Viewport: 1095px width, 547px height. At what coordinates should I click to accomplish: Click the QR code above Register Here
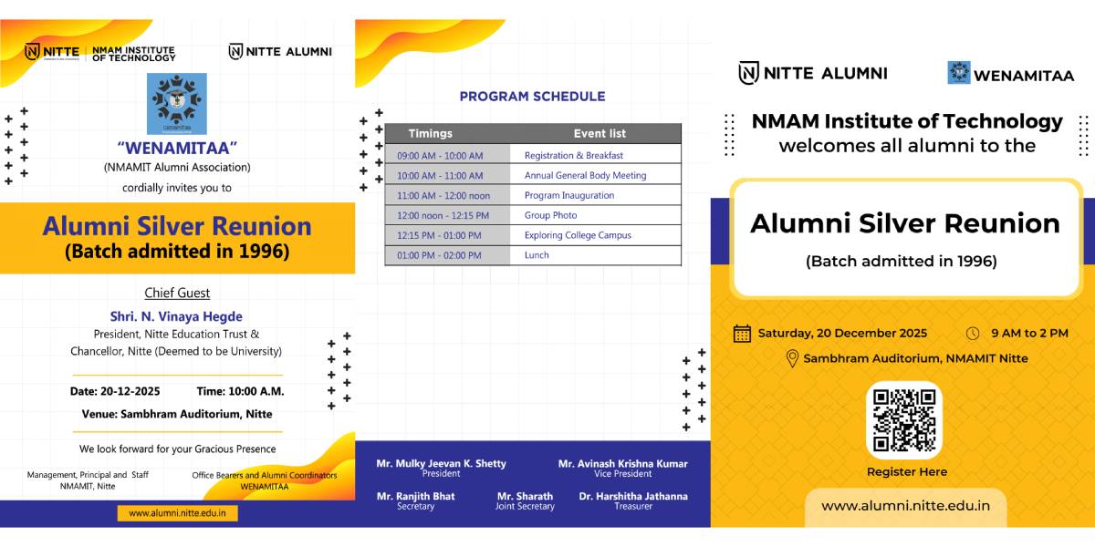coord(904,420)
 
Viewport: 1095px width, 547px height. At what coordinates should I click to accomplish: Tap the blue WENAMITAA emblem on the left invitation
coord(177,104)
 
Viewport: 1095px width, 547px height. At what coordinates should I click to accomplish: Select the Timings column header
coord(430,133)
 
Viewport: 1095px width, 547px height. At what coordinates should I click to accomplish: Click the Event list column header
coord(600,133)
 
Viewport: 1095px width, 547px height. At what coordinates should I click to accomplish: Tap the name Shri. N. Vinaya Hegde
coord(176,316)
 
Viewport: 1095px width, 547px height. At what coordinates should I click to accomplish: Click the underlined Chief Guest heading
coord(177,293)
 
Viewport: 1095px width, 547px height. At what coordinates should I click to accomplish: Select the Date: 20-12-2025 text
coord(115,391)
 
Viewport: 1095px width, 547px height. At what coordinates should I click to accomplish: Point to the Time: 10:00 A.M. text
coord(240,391)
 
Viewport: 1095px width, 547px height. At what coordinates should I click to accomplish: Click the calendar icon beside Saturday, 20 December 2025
coord(742,334)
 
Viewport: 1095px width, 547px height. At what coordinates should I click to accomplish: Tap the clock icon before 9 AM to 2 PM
coord(973,334)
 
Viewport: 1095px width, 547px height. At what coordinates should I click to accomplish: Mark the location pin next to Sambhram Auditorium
coord(792,359)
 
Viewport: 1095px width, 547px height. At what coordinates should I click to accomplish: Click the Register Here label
coord(907,472)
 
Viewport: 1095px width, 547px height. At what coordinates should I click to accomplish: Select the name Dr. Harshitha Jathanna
coord(633,496)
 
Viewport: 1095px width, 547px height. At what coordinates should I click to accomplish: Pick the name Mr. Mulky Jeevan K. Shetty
coord(441,463)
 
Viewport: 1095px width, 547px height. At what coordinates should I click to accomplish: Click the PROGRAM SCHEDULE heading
coord(532,97)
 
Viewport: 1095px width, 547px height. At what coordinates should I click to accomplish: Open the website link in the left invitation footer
coord(177,513)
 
